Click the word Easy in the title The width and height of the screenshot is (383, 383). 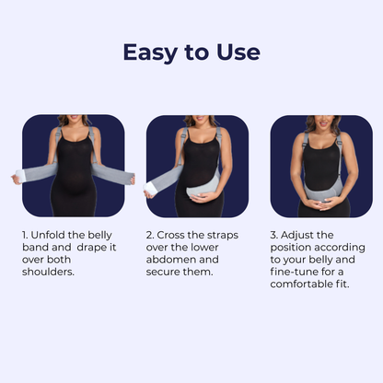tap(151, 52)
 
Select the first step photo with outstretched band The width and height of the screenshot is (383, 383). tap(73, 166)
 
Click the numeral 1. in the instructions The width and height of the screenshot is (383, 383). tap(27, 235)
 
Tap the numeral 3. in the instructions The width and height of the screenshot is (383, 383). tap(274, 235)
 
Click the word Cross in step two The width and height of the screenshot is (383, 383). tap(175, 235)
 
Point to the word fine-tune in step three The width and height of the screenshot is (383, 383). tap(296, 272)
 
